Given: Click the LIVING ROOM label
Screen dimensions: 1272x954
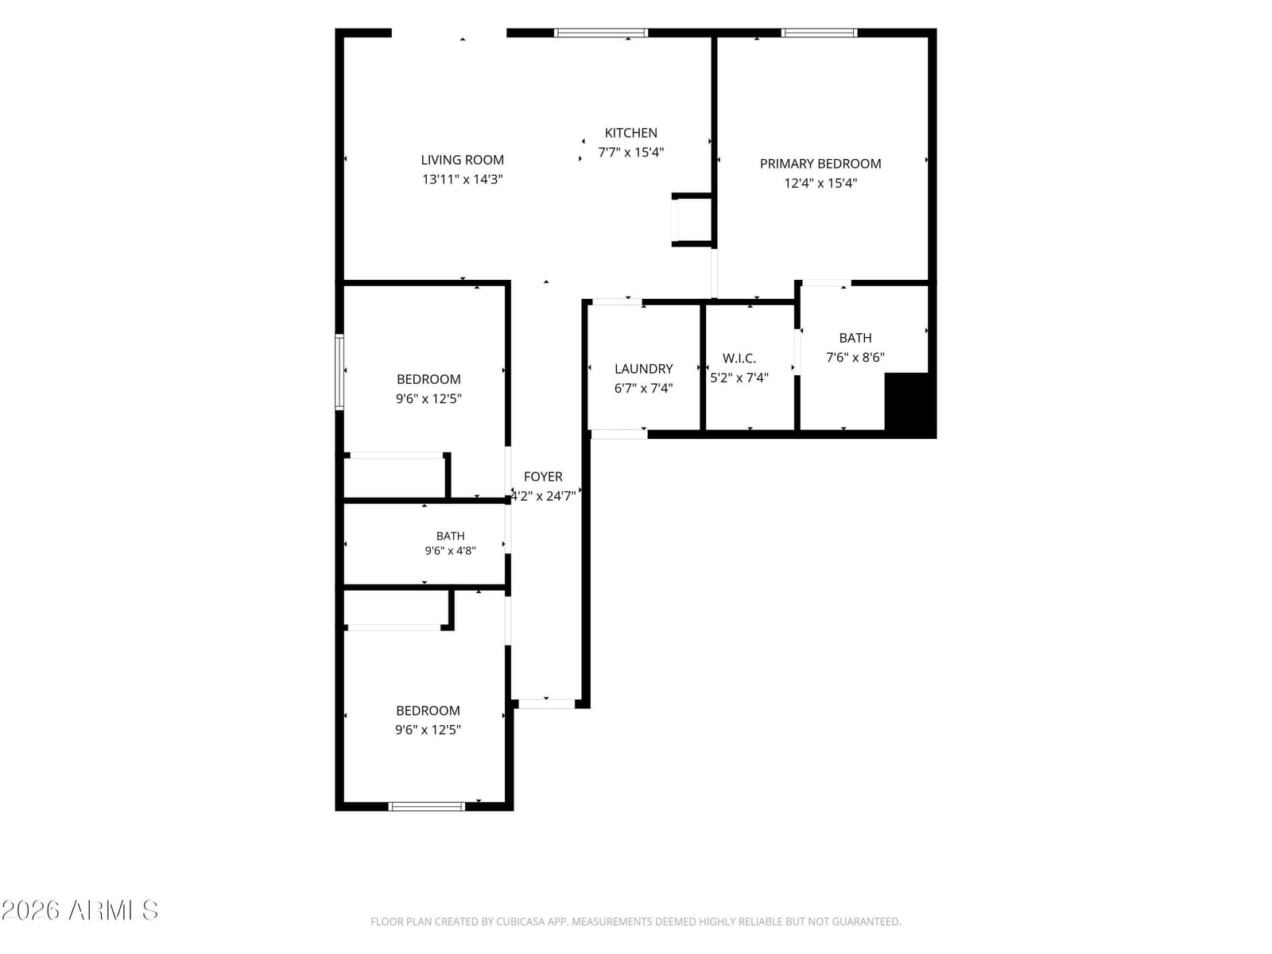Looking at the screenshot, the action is pos(462,160).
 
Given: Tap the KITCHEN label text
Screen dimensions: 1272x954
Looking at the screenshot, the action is pos(630,134).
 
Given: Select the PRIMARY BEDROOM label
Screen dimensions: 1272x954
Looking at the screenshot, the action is pos(820,164).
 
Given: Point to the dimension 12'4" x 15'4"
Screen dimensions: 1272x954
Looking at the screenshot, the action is pos(820,184).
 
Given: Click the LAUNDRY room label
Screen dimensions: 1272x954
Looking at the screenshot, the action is pos(643,369).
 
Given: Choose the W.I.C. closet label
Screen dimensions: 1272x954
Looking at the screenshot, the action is pos(739,359).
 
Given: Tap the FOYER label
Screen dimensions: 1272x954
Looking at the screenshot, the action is pos(543,477).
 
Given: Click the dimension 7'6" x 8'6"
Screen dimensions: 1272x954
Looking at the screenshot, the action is pos(855,358).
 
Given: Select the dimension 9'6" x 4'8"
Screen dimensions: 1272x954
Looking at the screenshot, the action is pos(450,551).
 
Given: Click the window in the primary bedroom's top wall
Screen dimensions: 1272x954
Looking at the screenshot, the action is pos(819,33).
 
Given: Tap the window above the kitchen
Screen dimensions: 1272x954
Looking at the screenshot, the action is pos(601,33).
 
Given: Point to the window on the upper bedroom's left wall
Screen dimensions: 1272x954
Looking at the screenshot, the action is pos(339,372).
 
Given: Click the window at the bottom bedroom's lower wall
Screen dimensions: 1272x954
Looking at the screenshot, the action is pos(426,806).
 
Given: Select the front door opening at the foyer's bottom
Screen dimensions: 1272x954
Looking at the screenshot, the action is pos(546,704).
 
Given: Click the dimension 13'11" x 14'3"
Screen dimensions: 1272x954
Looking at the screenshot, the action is pos(462,180).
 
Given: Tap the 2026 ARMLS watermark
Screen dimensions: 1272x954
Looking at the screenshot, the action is pos(79,910).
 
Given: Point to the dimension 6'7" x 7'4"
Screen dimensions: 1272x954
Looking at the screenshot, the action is pos(643,389).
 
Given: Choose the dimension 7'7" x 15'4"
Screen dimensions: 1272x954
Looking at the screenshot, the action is pos(630,153).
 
